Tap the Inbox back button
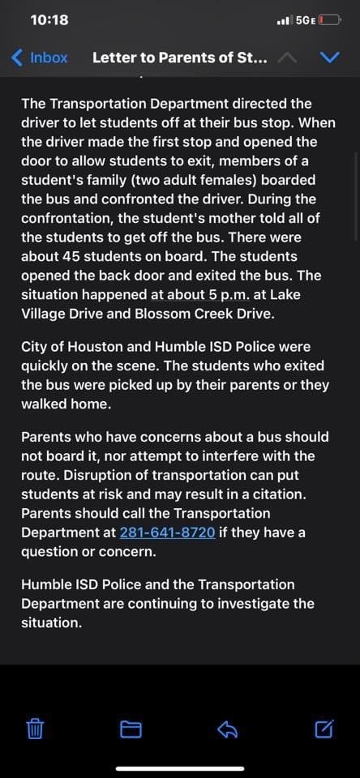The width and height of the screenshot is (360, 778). (39, 58)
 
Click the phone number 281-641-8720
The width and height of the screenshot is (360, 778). (167, 532)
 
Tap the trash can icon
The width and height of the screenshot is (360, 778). (35, 729)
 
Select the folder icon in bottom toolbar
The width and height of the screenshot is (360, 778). (131, 729)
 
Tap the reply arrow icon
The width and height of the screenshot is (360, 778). (227, 729)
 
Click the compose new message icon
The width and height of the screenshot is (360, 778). (324, 729)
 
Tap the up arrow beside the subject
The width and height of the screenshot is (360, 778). (287, 58)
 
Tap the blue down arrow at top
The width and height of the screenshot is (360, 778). (329, 58)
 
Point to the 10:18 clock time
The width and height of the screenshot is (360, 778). (49, 19)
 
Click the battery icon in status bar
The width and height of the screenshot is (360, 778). (329, 19)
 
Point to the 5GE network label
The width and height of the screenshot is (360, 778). (306, 19)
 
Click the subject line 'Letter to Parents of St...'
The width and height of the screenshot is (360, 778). (179, 58)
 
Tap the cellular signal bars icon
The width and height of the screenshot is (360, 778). (284, 19)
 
